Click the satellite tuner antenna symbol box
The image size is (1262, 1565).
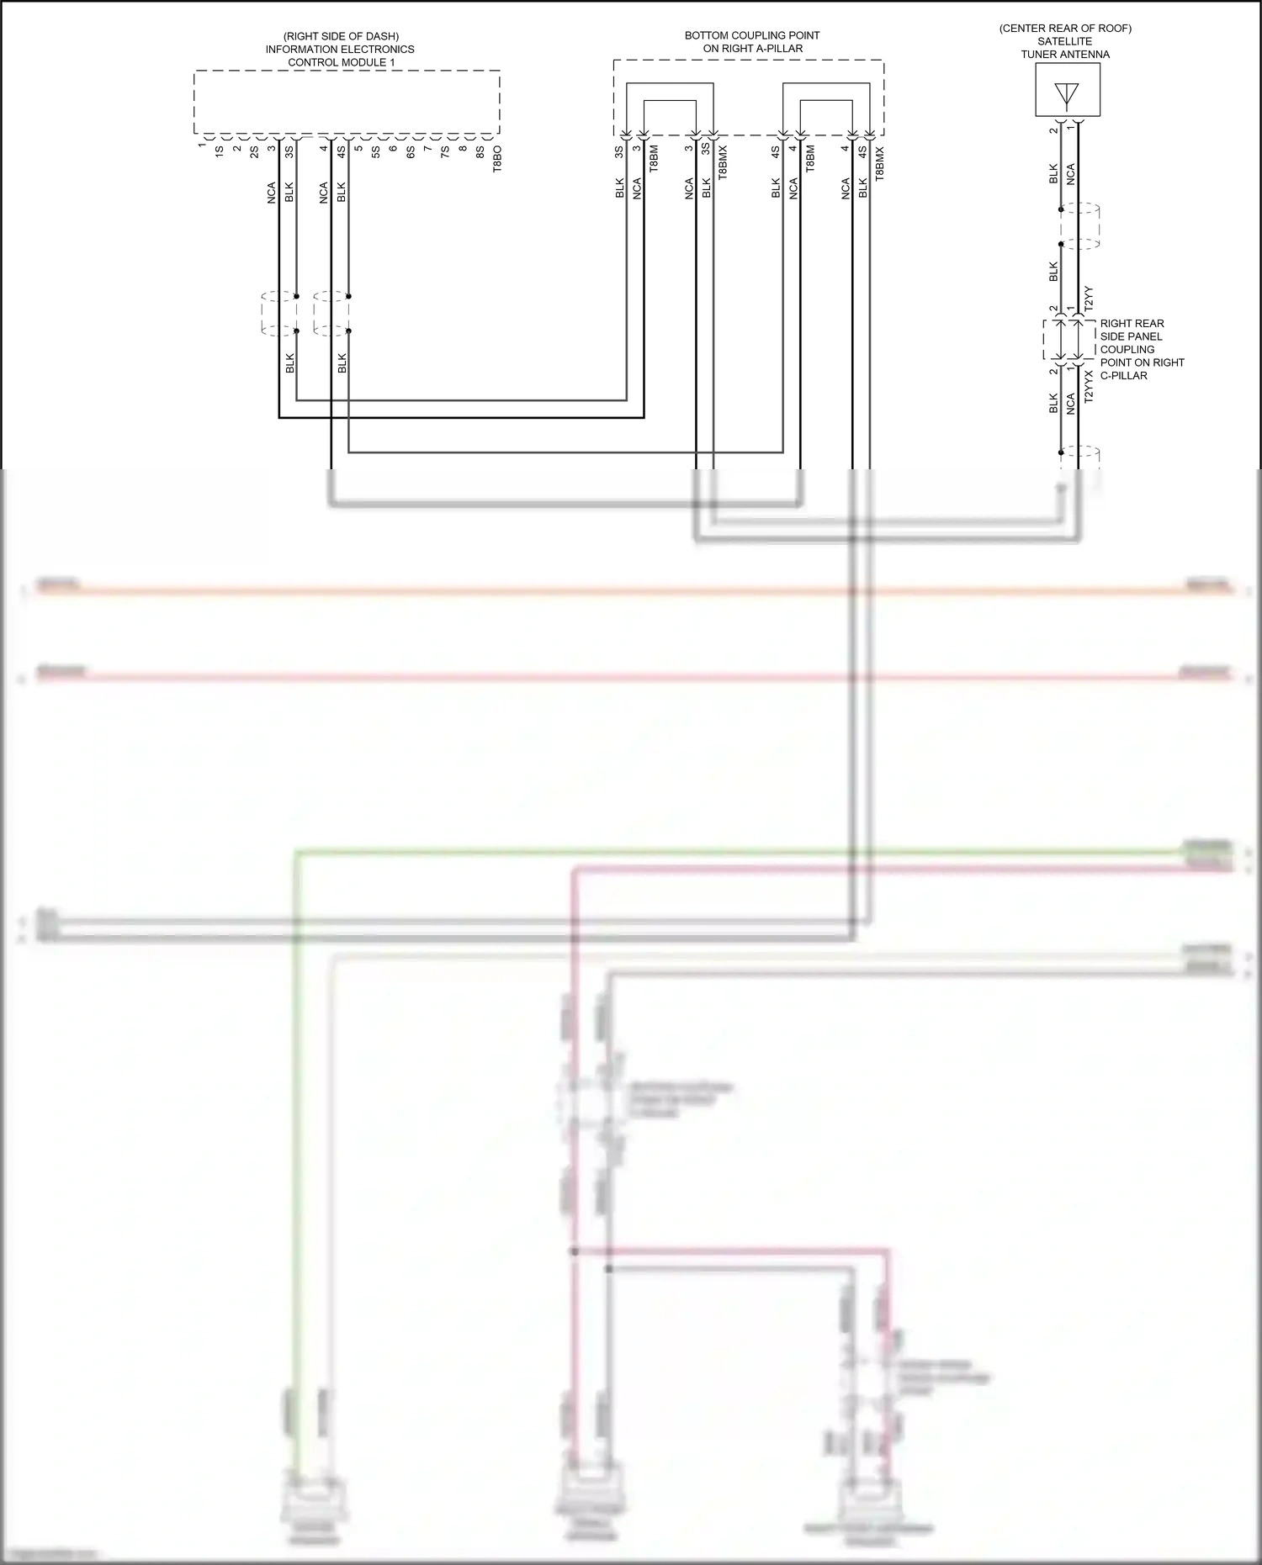click(1067, 91)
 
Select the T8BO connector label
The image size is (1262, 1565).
click(497, 159)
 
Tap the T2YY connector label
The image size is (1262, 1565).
click(1089, 299)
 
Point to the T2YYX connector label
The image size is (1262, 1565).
click(1089, 386)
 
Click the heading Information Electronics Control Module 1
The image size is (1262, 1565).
click(341, 50)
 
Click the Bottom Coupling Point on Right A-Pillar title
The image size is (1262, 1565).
click(752, 42)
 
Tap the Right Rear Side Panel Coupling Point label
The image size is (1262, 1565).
click(1141, 349)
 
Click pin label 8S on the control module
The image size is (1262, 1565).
click(480, 152)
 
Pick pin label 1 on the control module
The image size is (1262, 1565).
click(202, 145)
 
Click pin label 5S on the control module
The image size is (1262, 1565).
click(375, 152)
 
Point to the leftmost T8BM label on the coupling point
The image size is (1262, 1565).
click(654, 159)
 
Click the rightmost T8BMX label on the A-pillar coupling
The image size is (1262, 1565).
click(880, 164)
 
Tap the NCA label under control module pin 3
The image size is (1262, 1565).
click(271, 193)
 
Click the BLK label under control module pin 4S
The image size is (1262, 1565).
click(341, 193)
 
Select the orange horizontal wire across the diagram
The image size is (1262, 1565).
click(631, 591)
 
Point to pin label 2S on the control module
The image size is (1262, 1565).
click(253, 152)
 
